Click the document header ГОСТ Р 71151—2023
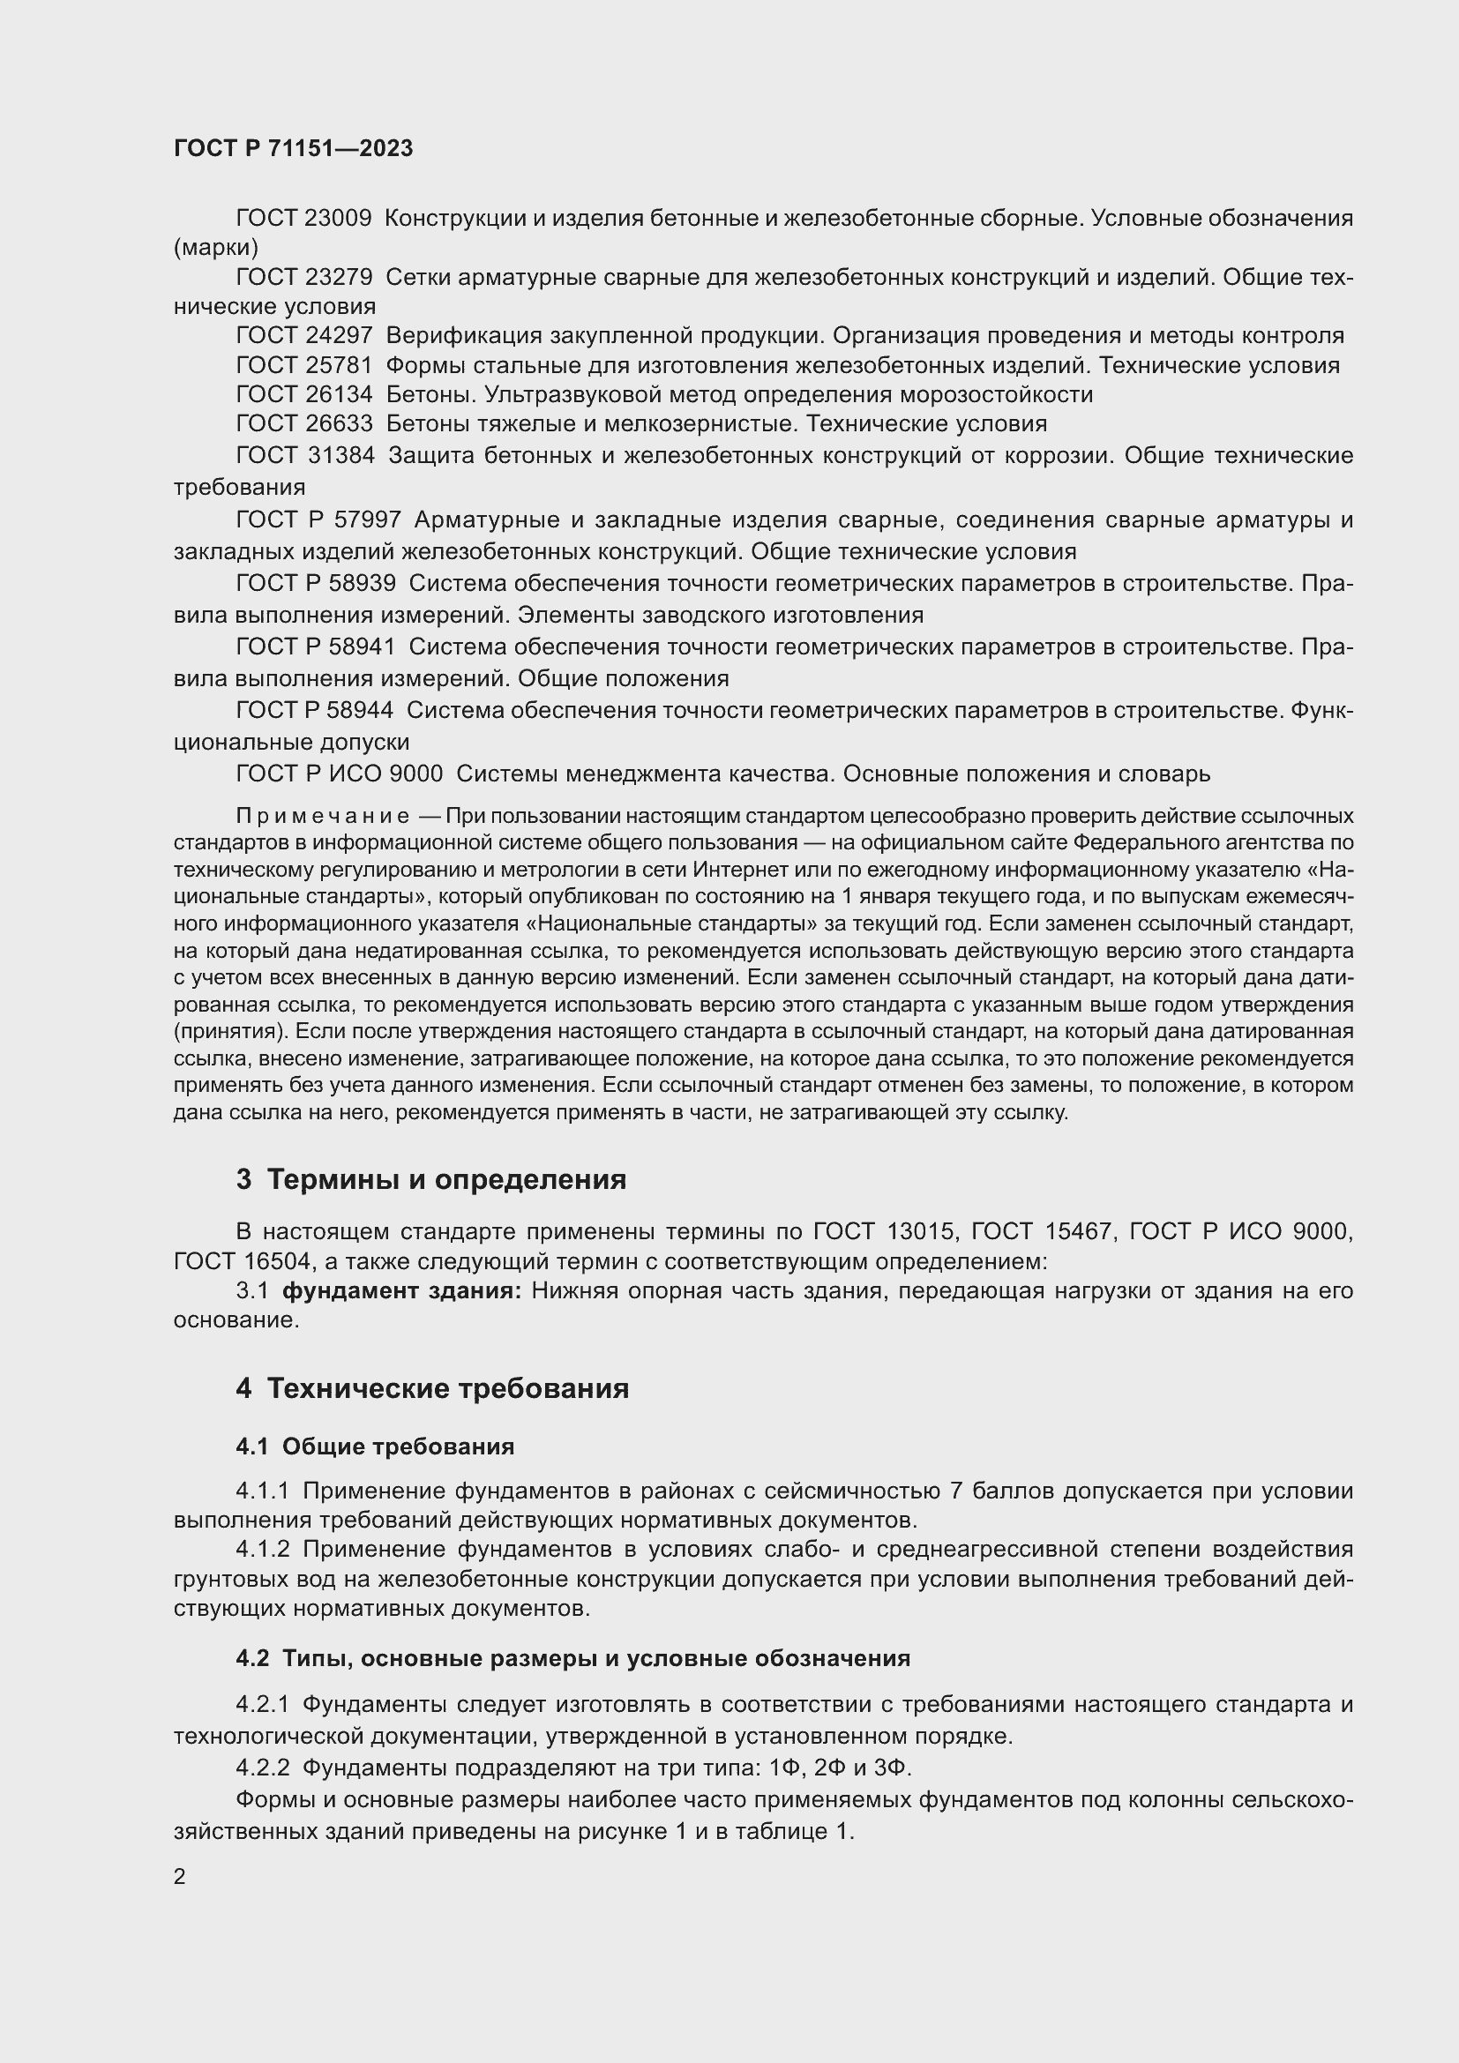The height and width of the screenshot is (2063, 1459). pos(293,148)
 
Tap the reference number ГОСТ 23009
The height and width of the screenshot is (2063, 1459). pos(303,219)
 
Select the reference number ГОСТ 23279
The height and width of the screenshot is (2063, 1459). pos(303,278)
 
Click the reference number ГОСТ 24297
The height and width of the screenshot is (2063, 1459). pos(303,336)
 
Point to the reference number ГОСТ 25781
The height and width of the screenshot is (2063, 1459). pos(303,366)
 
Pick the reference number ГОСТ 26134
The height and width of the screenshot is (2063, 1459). pos(303,394)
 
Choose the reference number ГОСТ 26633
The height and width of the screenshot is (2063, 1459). pos(303,423)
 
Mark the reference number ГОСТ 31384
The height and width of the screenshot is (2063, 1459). pos(304,455)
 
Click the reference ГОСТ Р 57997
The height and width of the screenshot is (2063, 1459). pos(318,519)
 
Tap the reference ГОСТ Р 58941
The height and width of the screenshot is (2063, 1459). pos(315,646)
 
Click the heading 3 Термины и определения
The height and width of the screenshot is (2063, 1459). pos(431,1179)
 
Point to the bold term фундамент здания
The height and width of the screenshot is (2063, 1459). pos(401,1291)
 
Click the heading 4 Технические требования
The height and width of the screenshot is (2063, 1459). pos(432,1388)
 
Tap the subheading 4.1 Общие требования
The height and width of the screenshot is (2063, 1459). pos(375,1446)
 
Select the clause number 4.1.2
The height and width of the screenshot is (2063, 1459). pos(262,1549)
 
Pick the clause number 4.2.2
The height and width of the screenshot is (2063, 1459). pos(262,1768)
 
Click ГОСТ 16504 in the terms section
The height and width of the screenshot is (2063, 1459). pos(242,1261)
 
